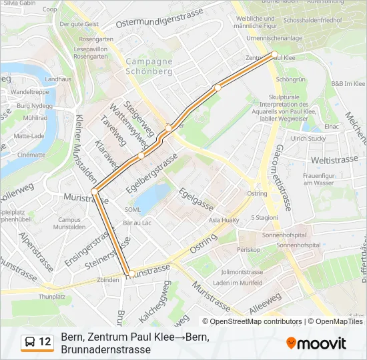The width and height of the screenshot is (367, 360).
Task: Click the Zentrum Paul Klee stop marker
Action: [274, 54]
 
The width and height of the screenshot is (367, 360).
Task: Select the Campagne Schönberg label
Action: [149, 66]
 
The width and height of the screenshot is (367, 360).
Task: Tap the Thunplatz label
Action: [52, 296]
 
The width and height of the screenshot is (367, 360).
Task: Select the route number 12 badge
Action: [45, 342]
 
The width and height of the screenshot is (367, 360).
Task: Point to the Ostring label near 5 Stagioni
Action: [257, 193]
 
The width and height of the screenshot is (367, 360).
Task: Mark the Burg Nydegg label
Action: [34, 106]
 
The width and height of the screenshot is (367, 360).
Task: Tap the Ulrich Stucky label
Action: [308, 139]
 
